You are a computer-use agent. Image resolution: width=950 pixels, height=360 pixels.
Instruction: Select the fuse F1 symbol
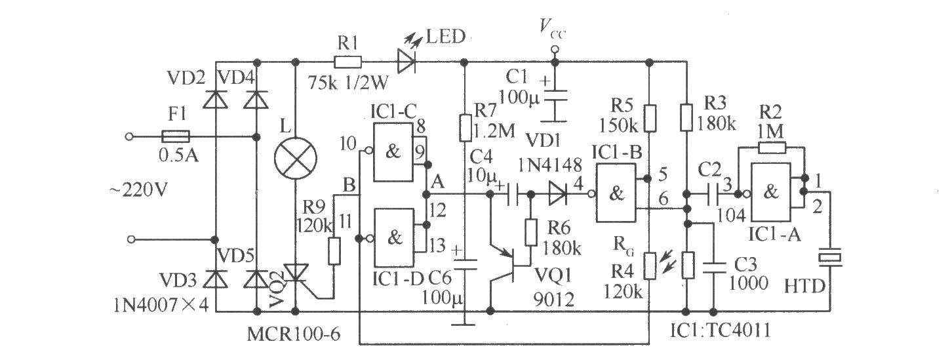click(x=176, y=136)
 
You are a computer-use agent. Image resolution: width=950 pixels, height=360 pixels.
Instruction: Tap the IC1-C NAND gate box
click(x=393, y=152)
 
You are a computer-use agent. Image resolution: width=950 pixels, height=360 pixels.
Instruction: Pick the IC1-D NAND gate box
click(x=394, y=238)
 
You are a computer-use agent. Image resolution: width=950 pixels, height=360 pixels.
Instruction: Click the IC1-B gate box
click(x=616, y=193)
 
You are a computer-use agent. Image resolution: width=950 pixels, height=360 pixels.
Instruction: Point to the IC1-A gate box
click(x=770, y=193)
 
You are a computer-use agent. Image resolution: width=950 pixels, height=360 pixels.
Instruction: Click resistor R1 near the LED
click(x=347, y=63)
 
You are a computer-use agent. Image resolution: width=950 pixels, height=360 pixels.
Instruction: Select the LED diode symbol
click(x=406, y=62)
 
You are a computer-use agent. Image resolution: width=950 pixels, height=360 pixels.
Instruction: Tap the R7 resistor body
click(x=465, y=128)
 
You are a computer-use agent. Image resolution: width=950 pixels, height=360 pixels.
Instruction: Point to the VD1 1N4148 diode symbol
click(x=557, y=194)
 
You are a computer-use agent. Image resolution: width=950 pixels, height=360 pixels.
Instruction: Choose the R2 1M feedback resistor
click(x=772, y=148)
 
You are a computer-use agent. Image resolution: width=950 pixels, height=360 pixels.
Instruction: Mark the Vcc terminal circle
click(x=555, y=50)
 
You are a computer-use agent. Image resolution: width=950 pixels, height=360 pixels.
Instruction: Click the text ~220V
click(x=139, y=190)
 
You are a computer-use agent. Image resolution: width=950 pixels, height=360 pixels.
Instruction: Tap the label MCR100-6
click(x=294, y=334)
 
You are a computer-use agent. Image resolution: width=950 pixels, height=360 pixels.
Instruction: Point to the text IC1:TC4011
click(x=720, y=330)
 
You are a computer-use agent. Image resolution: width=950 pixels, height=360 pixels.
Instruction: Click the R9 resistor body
click(x=334, y=251)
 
